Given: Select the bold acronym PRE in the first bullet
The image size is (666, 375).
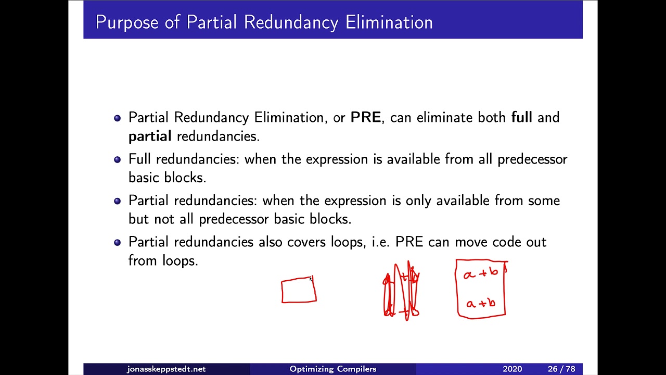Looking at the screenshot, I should tap(366, 117).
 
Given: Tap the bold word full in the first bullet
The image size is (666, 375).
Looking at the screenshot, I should tap(521, 117).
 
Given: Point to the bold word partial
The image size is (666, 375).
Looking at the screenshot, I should tap(150, 136).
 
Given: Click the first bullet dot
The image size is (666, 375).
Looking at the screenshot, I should tap(117, 118).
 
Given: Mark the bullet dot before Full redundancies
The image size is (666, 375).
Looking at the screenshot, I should tap(117, 160).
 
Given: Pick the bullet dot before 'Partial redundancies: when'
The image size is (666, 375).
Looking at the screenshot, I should tap(117, 201).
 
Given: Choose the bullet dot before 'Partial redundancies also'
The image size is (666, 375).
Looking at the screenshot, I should tap(117, 242).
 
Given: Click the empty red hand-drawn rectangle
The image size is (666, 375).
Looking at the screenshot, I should tap(299, 291).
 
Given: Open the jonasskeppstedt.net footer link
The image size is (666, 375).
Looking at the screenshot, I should tap(166, 369).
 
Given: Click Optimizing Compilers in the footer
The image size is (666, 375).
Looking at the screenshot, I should tap(333, 369).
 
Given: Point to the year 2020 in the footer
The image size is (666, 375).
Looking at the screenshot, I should tap(512, 369).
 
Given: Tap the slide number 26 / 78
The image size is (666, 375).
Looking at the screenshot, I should tap(561, 369).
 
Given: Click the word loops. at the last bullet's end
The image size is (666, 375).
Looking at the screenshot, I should tap(180, 260).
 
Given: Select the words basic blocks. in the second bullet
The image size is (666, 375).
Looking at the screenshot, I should tap(167, 177).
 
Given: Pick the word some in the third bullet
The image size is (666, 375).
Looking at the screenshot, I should tap(544, 201).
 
